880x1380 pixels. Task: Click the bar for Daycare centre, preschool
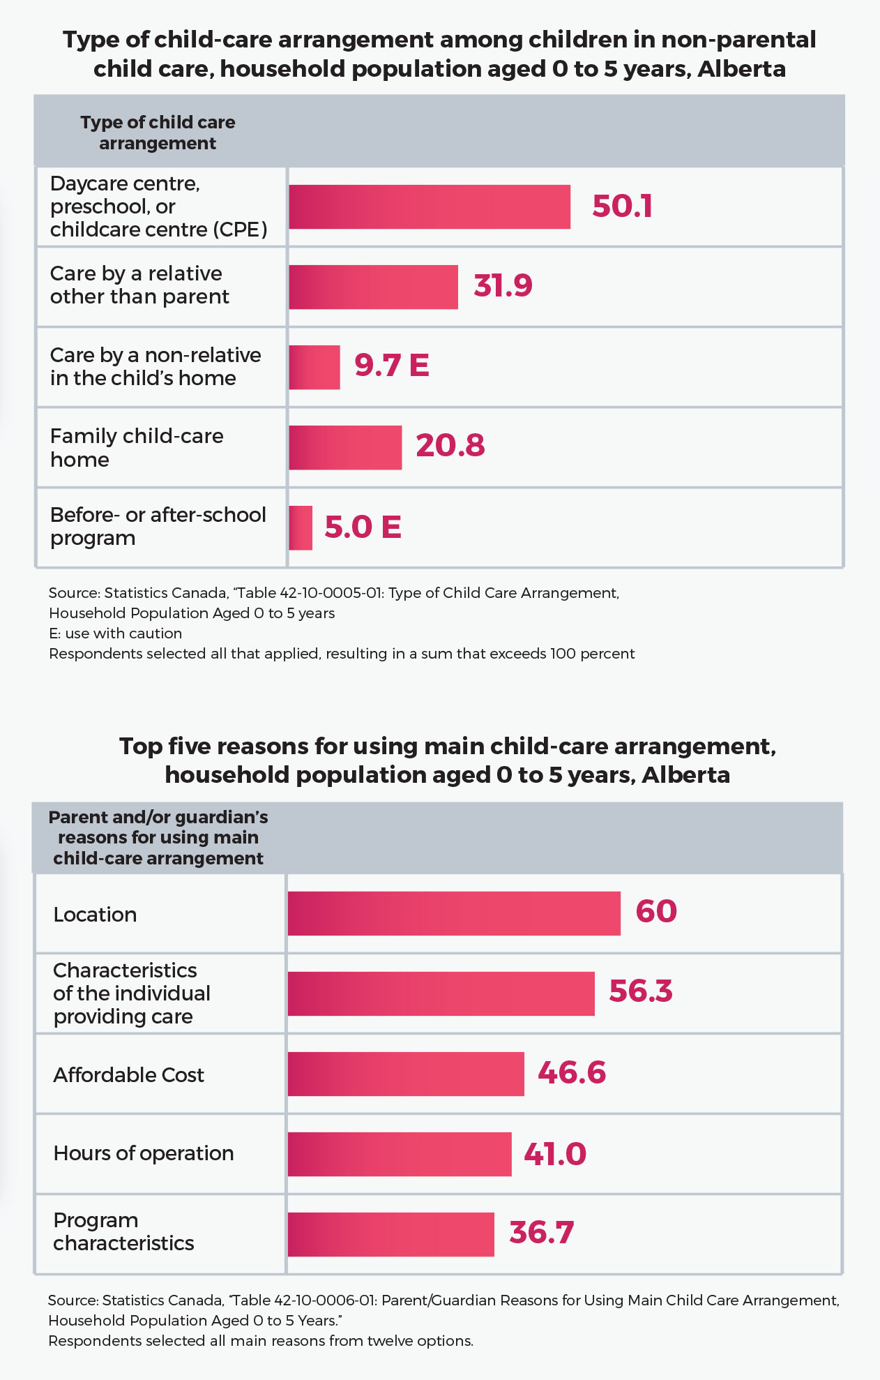pyautogui.click(x=430, y=207)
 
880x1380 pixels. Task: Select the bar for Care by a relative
pyautogui.click(x=373, y=287)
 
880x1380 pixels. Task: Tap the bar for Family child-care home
pyautogui.click(x=345, y=447)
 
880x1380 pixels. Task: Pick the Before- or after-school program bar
pyautogui.click(x=301, y=527)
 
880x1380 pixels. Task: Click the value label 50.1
pyautogui.click(x=622, y=207)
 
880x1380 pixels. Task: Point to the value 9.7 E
pyautogui.click(x=391, y=365)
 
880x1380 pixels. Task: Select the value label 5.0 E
pyautogui.click(x=363, y=527)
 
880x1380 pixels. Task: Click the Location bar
pyautogui.click(x=454, y=913)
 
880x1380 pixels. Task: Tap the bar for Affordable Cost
pyautogui.click(x=406, y=1074)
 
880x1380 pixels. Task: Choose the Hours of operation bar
pyautogui.click(x=400, y=1154)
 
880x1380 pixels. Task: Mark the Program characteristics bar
pyautogui.click(x=390, y=1234)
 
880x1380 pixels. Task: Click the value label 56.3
pyautogui.click(x=640, y=991)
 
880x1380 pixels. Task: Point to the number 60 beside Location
pyautogui.click(x=656, y=911)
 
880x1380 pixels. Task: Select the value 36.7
pyautogui.click(x=541, y=1233)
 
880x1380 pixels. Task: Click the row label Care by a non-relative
pyautogui.click(x=155, y=366)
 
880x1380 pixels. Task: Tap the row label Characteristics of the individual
pyautogui.click(x=132, y=993)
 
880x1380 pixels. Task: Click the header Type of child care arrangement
pyautogui.click(x=158, y=133)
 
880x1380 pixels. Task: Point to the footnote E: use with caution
pyautogui.click(x=115, y=633)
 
